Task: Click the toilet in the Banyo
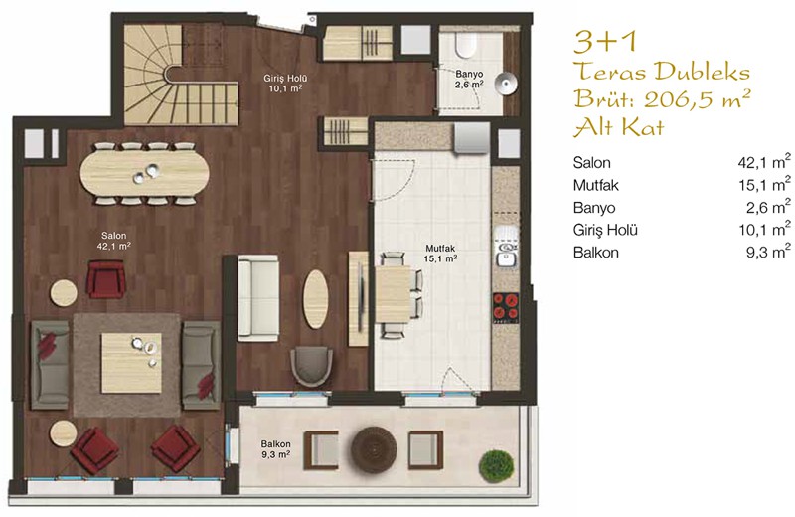(x=464, y=45)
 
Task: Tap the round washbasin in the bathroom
(x=505, y=84)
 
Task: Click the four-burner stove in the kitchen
(x=506, y=307)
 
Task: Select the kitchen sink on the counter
(x=506, y=254)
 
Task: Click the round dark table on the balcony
(x=375, y=449)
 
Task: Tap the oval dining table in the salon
(x=144, y=173)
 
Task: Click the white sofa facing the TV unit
(x=258, y=297)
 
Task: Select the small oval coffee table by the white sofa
(x=315, y=299)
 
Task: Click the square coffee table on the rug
(x=131, y=362)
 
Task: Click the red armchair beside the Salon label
(x=106, y=279)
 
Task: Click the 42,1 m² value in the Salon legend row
(x=764, y=162)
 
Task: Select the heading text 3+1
(x=604, y=42)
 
